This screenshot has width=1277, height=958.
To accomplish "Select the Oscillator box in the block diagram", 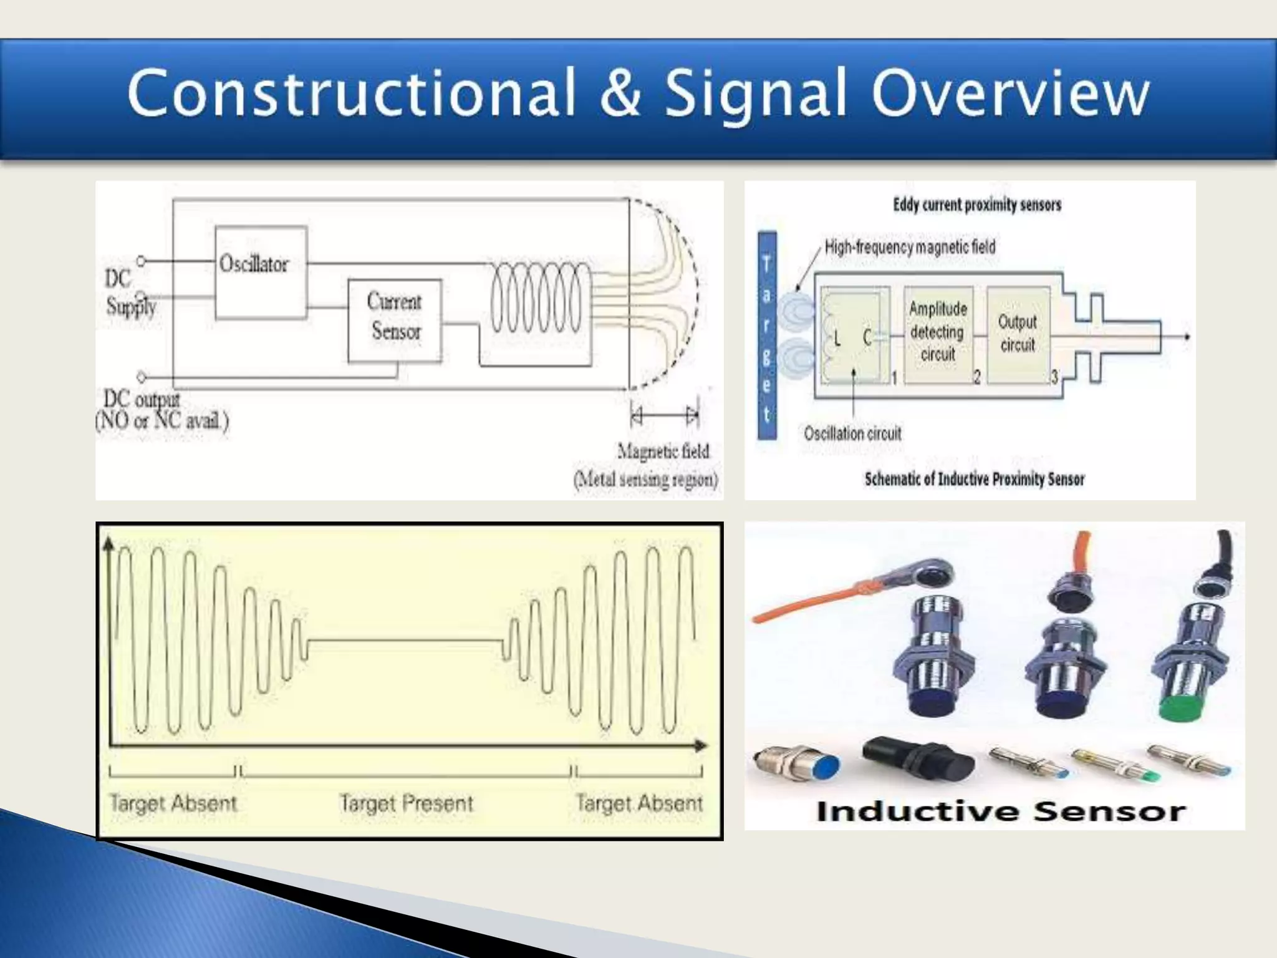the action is point(260,272).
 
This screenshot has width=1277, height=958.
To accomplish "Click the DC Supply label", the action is point(130,292).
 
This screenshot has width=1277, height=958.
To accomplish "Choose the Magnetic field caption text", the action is point(663,451).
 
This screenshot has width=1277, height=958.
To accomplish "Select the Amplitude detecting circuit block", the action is point(938,332).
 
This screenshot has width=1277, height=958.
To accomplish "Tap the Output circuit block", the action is point(1018,334).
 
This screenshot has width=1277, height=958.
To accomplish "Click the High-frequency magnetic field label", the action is point(910,247).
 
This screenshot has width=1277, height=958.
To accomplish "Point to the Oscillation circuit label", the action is point(852,433).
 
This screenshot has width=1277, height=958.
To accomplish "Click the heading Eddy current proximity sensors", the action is point(976,205).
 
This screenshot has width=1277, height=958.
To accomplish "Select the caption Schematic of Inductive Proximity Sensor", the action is point(974,479).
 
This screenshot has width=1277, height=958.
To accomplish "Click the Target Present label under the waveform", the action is point(407,803).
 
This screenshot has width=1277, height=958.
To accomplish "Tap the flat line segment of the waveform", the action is point(405,641).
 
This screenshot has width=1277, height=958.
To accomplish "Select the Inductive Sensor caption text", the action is point(1000,811).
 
